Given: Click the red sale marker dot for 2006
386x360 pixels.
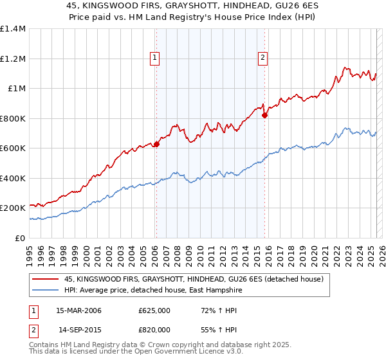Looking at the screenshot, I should click(x=156, y=145).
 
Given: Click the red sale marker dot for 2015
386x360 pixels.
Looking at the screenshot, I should click(x=264, y=116).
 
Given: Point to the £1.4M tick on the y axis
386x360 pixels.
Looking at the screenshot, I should click(x=13, y=29).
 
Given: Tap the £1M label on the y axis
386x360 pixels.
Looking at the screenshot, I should click(x=17, y=89).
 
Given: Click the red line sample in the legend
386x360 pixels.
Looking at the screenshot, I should click(x=44, y=279).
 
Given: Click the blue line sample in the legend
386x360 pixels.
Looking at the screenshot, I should click(x=44, y=290).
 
